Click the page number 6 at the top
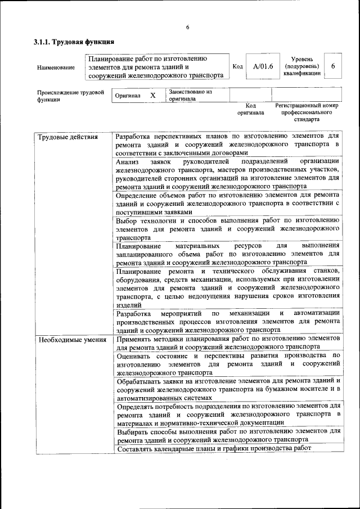point(187,28)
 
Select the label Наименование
point(56,67)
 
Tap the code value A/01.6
point(263,66)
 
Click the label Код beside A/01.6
point(238,66)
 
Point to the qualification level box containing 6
point(333,66)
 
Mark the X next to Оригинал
point(152,96)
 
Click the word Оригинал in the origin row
point(128,96)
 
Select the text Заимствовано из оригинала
point(190,94)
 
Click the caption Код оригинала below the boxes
point(251,109)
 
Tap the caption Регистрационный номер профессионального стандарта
point(307,112)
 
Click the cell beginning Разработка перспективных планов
point(227,144)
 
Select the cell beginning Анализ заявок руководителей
point(227,174)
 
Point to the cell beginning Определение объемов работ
point(227,203)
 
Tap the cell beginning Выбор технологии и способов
point(227,229)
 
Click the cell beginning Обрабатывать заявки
point(227,389)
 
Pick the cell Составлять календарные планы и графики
point(214,448)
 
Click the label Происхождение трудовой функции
point(71,96)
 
